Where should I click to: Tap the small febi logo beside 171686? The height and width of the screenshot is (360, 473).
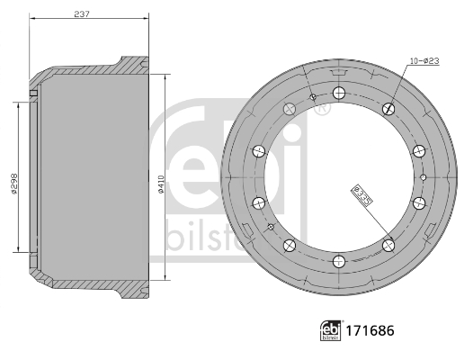click(x=331, y=330)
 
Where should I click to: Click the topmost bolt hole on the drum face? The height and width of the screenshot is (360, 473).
click(x=338, y=93)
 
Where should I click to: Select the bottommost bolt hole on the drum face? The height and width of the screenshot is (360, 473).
click(x=338, y=261)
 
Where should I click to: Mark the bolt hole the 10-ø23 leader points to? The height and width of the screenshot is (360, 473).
click(x=388, y=109)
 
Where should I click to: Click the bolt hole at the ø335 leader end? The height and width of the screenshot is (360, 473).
click(x=388, y=244)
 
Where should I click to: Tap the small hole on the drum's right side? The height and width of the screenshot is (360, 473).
click(x=423, y=177)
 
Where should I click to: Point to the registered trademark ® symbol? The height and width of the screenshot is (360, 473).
click(x=322, y=109)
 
